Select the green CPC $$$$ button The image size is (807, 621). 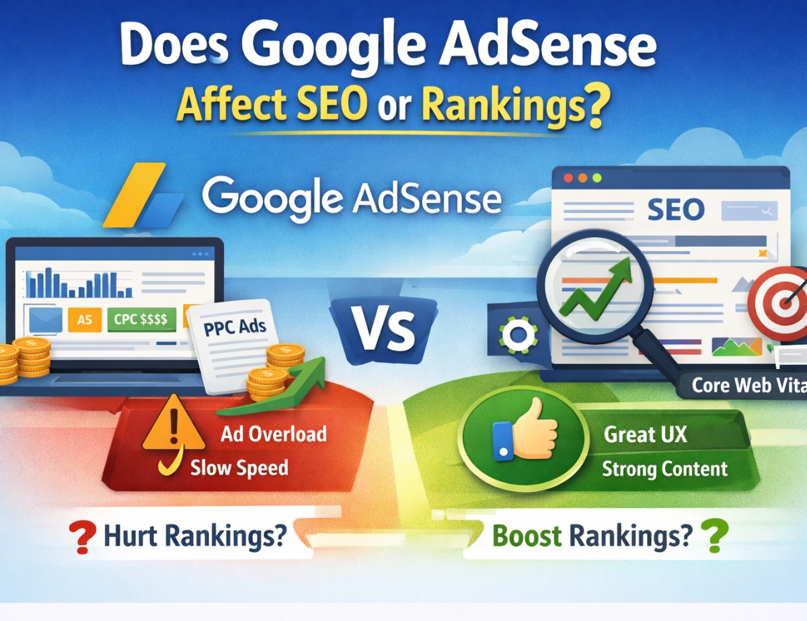[x=141, y=319]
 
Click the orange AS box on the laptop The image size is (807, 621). [x=84, y=320]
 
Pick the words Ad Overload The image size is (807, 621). [x=273, y=433]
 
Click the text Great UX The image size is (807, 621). [x=645, y=434]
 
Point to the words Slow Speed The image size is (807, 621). [x=239, y=467]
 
